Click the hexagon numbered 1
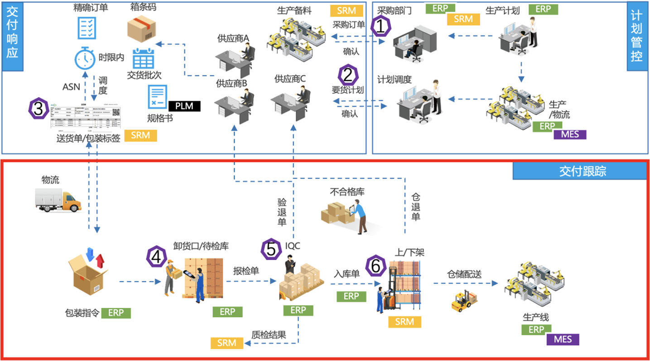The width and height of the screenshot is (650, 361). [x=381, y=26]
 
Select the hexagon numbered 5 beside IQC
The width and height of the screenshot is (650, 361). [x=271, y=248]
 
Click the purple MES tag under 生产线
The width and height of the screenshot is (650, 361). [x=563, y=339]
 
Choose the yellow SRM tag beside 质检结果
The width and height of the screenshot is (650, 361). [x=226, y=343]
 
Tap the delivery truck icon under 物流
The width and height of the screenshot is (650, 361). [x=58, y=201]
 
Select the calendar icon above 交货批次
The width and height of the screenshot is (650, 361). [x=144, y=58]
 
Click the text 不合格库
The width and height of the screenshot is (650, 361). [x=347, y=192]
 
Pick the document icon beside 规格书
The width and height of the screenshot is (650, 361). [x=157, y=97]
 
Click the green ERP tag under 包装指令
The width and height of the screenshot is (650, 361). [x=116, y=313]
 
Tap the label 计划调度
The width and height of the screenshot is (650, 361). [x=394, y=80]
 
